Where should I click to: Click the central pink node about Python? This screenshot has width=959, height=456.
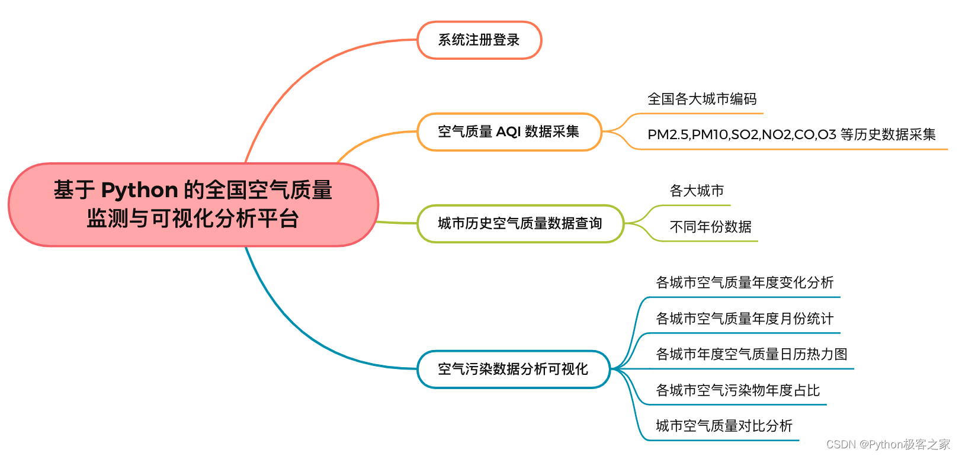[x=193, y=204]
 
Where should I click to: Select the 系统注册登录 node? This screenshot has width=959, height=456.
[x=479, y=40]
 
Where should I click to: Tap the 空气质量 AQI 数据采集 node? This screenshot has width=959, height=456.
[x=509, y=131]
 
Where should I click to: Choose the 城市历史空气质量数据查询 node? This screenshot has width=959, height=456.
[x=520, y=223]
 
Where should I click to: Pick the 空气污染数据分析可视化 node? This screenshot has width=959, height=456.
[x=513, y=369]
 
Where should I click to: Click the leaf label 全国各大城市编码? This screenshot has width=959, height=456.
[x=702, y=99]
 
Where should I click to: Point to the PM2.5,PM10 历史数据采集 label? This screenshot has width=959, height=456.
[x=791, y=134]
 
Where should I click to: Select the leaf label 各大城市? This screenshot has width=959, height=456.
[x=697, y=191]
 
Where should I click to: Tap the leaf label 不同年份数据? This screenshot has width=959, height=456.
[x=710, y=227]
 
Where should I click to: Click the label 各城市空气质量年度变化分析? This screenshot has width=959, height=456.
[x=745, y=282]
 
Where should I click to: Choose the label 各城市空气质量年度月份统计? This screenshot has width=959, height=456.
[x=745, y=319]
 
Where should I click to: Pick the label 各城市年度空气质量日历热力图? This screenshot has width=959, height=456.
[x=752, y=354]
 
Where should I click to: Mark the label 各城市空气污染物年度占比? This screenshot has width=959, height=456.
[x=737, y=390]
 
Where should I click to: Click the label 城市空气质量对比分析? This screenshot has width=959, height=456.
[x=724, y=426]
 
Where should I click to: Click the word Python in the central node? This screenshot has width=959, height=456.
[x=140, y=190]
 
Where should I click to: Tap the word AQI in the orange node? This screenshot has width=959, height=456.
[x=508, y=131]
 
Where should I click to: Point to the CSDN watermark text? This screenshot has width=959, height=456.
[x=888, y=444]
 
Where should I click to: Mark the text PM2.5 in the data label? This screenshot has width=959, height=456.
[x=668, y=135]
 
